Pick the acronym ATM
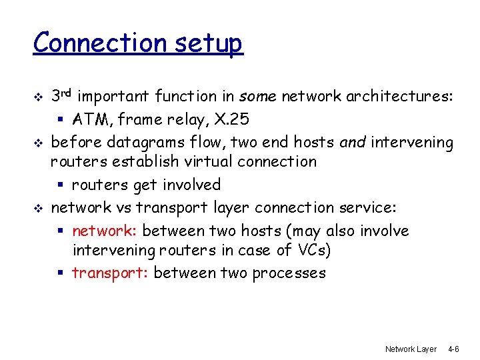click(87, 120)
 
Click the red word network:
click(105, 231)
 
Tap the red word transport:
click(111, 273)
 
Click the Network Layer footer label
click(411, 349)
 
